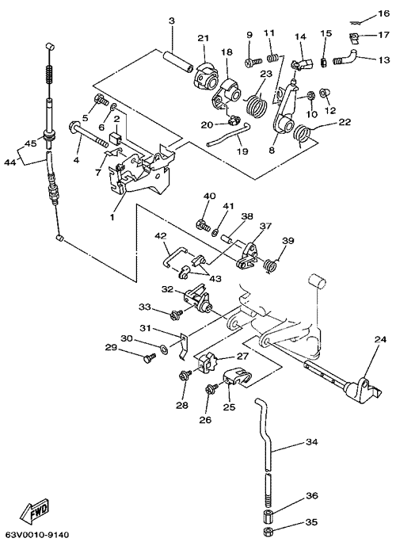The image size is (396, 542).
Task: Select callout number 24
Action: pyautogui.click(x=379, y=340)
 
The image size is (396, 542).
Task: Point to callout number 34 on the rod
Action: pyautogui.click(x=312, y=442)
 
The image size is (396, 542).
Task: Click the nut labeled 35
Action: pyautogui.click(x=268, y=530)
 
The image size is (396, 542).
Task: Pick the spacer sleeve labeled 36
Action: pyautogui.click(x=267, y=517)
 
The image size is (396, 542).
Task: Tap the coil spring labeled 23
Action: pyautogui.click(x=257, y=103)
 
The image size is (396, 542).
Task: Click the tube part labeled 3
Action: pyautogui.click(x=177, y=60)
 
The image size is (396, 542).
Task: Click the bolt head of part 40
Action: pyautogui.click(x=200, y=225)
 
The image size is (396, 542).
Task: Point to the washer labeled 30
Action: pyautogui.click(x=164, y=347)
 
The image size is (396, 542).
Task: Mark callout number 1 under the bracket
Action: pyautogui.click(x=112, y=218)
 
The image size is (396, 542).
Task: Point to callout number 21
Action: pyautogui.click(x=204, y=38)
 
